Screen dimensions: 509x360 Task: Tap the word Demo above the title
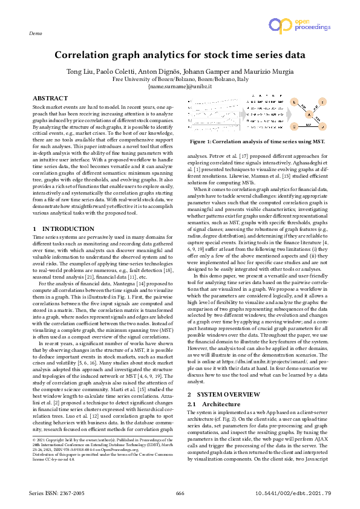click(x=35, y=34)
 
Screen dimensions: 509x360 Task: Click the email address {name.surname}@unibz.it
click(x=180, y=86)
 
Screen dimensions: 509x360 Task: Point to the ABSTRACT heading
click(x=50, y=98)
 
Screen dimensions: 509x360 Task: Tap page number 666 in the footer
click(x=180, y=493)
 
